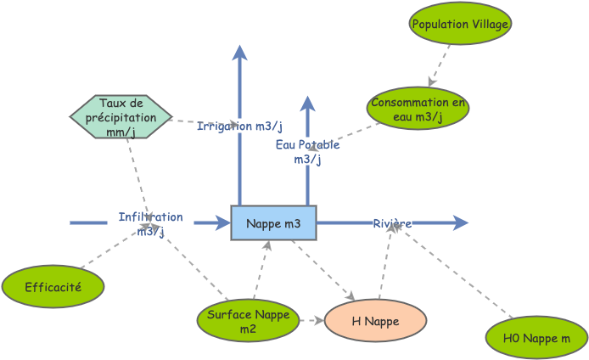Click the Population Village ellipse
click(460, 25)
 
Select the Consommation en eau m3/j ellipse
click(418, 110)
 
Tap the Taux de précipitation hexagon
click(121, 117)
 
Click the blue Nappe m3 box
click(273, 222)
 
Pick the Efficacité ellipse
click(53, 287)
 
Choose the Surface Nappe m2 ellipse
click(248, 320)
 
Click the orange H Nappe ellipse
click(375, 321)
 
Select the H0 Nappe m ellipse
click(536, 338)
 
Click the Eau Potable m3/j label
click(307, 151)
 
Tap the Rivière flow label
click(392, 223)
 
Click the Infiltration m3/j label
click(150, 223)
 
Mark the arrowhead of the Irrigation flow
click(240, 52)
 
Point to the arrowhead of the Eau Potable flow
click(307, 103)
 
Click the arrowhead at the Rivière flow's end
click(461, 222)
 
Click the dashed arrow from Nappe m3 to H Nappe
click(323, 270)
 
